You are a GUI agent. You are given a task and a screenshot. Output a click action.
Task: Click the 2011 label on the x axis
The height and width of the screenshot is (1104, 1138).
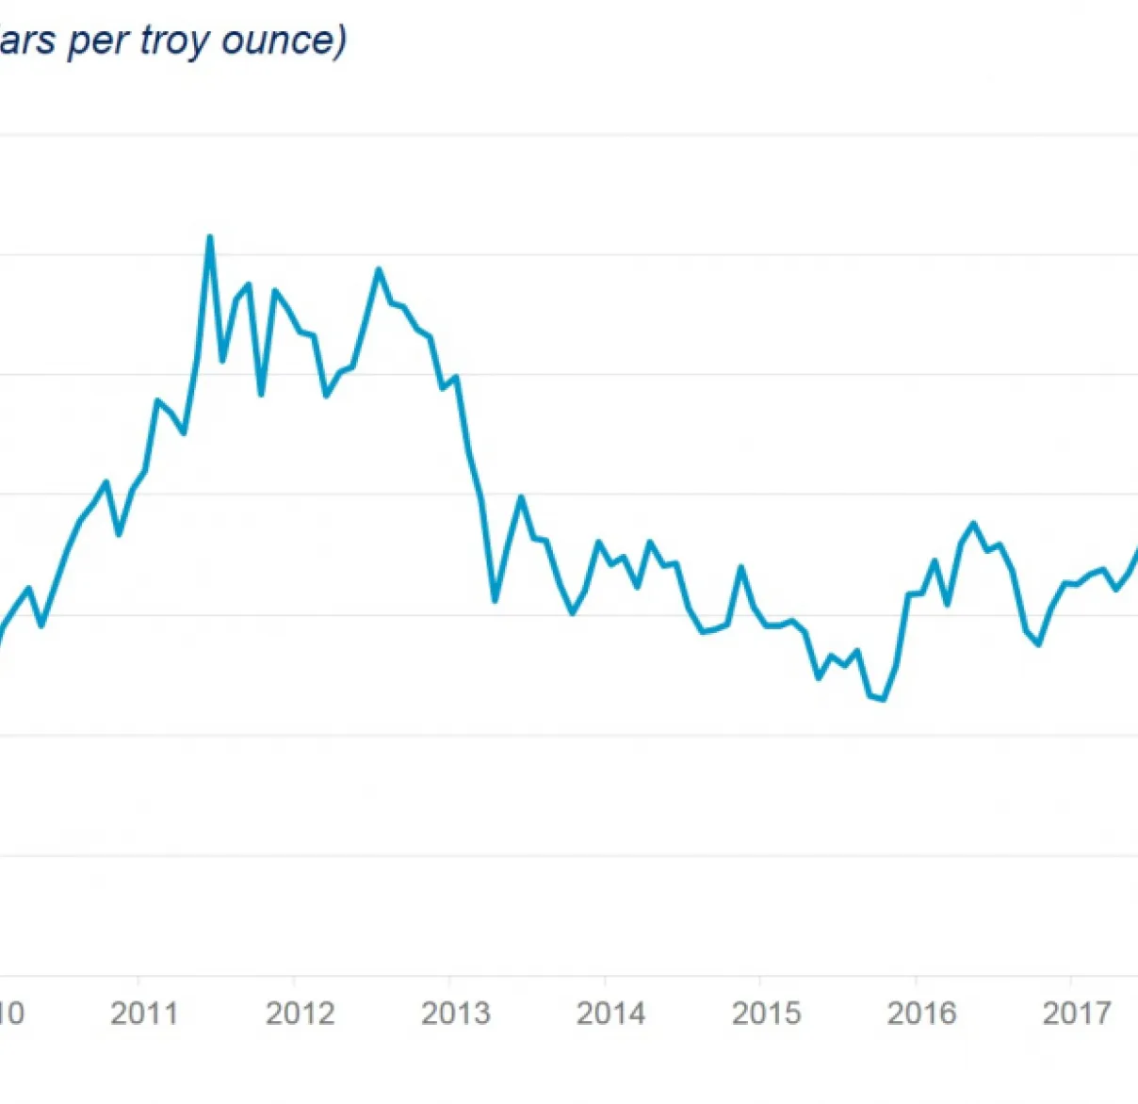click(143, 1014)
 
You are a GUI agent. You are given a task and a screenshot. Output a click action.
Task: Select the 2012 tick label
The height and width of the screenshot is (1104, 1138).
click(300, 1014)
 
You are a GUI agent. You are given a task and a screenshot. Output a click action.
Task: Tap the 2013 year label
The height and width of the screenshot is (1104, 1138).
click(455, 1014)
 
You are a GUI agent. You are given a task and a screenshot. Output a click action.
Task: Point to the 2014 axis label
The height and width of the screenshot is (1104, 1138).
click(610, 1014)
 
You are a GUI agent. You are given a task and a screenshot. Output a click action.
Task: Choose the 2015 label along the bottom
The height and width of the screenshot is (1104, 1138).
click(766, 1014)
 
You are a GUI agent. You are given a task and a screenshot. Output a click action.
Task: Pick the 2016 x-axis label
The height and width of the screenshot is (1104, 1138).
click(921, 1014)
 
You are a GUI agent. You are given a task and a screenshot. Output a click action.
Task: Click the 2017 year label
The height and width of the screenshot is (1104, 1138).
click(1077, 1014)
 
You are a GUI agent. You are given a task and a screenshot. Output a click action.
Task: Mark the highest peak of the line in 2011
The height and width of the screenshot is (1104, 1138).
click(210, 237)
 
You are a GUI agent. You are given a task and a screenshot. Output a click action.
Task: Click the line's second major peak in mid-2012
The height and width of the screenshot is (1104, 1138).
click(379, 269)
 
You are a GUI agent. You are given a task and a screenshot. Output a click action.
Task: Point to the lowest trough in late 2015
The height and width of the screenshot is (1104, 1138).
click(883, 699)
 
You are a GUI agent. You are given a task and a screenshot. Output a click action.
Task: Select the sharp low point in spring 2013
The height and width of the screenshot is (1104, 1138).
click(495, 600)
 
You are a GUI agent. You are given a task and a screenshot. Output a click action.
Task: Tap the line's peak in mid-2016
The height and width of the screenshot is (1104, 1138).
click(973, 523)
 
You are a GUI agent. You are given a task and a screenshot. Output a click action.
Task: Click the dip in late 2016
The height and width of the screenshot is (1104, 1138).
click(1038, 644)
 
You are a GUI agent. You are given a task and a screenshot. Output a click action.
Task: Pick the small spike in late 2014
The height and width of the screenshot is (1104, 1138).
click(740, 567)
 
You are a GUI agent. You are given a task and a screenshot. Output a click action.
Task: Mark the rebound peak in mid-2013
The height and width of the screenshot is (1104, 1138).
click(520, 496)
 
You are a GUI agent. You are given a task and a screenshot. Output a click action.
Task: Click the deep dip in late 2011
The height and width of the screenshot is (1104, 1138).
click(261, 394)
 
